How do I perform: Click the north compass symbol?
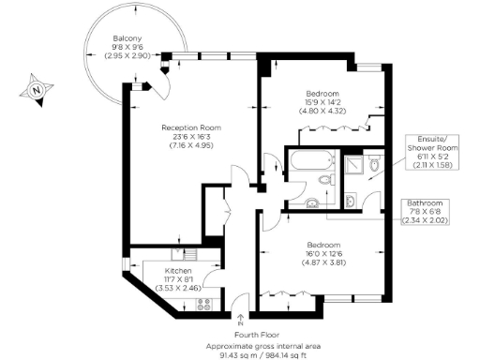tap(35, 90)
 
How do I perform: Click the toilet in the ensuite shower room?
tap(373, 167)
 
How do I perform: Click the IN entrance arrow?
tap(242, 322)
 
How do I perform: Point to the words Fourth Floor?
tap(240, 336)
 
